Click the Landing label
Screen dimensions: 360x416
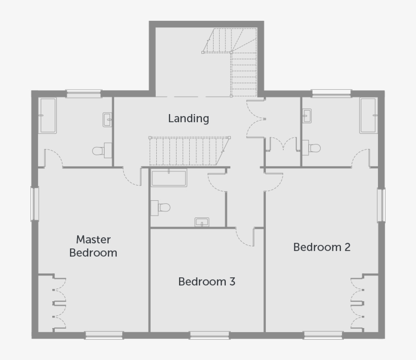pos(188,119)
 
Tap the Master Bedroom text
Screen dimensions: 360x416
pos(93,246)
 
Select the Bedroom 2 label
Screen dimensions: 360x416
pos(322,247)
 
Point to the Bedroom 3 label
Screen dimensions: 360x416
pos(206,281)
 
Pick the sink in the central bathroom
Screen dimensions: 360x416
pos(202,222)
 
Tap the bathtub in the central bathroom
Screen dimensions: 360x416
pos(169,178)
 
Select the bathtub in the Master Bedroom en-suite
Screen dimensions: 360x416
pos(48,116)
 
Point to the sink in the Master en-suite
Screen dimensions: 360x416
pos(108,120)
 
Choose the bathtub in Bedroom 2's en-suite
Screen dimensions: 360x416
pos(368,116)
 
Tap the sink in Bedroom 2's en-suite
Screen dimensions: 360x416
pos(306,116)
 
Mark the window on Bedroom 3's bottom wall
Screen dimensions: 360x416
pos(209,335)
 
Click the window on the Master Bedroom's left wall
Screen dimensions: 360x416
pos(35,204)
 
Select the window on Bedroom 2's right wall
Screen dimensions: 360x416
pos(380,205)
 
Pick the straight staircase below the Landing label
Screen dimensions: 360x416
pos(189,151)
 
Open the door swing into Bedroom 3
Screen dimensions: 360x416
pos(246,237)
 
